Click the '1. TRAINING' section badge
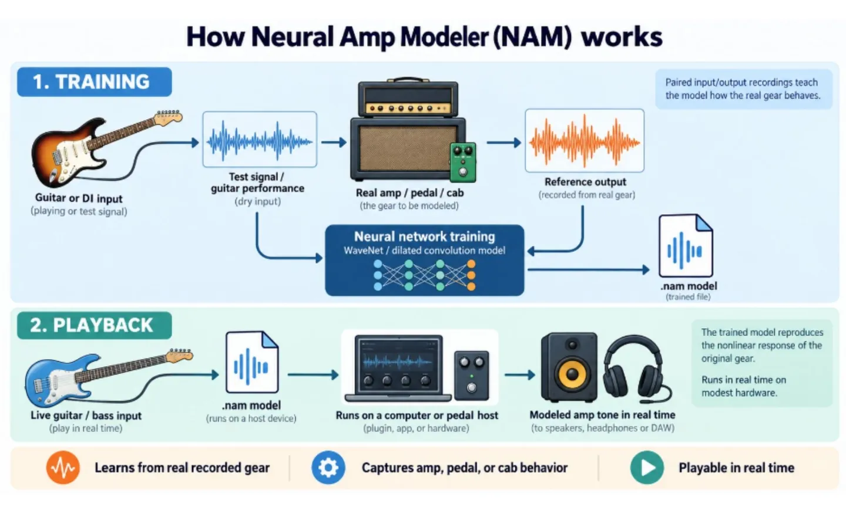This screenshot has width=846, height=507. [95, 82]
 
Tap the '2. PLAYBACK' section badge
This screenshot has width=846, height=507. [95, 325]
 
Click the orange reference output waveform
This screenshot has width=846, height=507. [584, 141]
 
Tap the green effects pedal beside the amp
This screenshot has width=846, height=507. [463, 162]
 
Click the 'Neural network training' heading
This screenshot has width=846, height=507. [425, 236]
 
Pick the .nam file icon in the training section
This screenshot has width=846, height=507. [686, 246]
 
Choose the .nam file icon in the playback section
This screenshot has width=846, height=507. [252, 362]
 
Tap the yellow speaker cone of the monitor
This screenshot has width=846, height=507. [572, 374]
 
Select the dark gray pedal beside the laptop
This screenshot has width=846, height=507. [471, 376]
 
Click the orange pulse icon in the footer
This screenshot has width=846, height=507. [63, 467]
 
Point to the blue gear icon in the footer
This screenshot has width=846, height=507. [328, 467]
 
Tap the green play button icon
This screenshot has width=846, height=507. [647, 467]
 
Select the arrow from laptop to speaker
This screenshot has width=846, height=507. [520, 374]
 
